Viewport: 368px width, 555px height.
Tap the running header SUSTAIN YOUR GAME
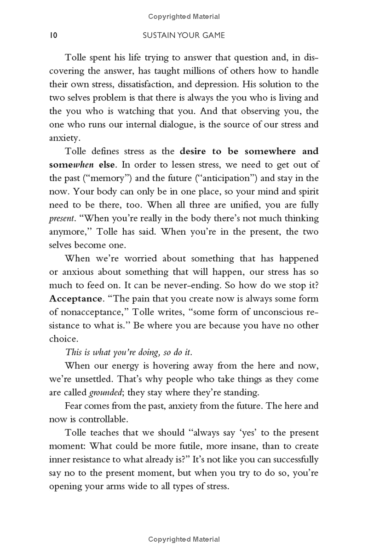tap(184, 35)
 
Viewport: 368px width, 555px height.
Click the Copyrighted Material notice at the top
tap(184, 17)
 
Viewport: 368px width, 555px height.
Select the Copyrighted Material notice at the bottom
tap(184, 539)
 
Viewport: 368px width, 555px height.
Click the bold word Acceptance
tap(75, 299)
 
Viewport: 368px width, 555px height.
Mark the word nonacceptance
tap(87, 312)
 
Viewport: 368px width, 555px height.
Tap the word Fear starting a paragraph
tap(75, 406)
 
